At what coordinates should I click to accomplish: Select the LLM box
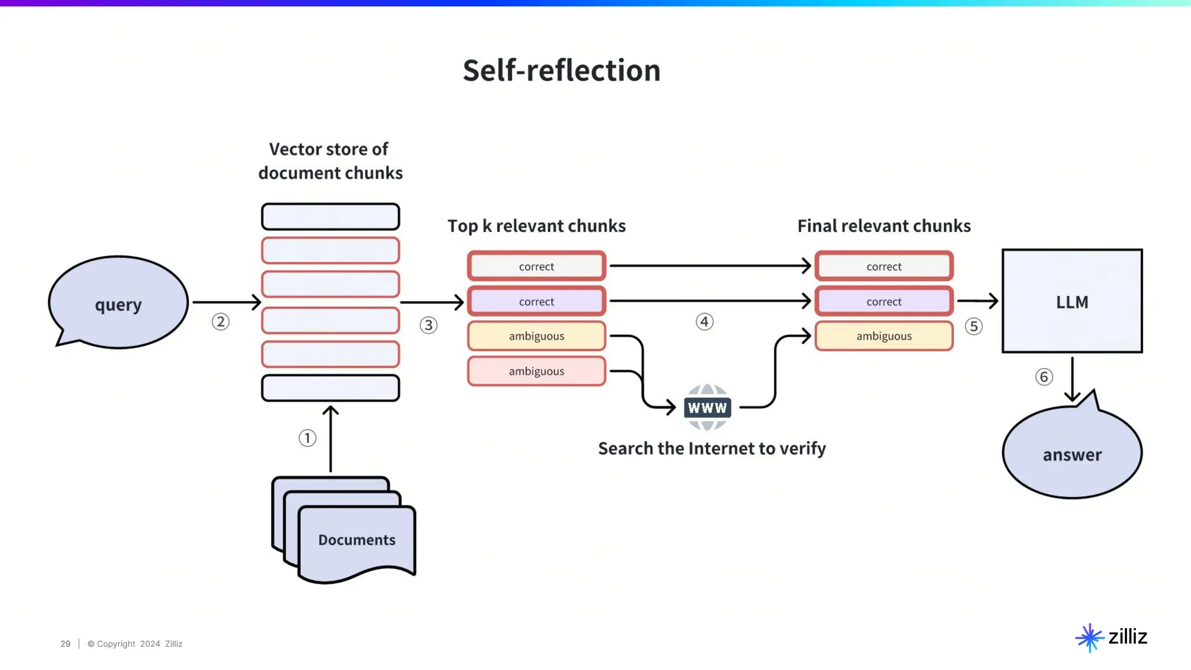click(1072, 301)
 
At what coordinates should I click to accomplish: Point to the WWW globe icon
click(707, 407)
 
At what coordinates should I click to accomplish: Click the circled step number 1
click(308, 438)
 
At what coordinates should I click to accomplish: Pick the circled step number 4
click(704, 322)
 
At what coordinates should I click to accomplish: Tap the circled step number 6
click(1044, 377)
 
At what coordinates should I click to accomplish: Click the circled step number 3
click(429, 325)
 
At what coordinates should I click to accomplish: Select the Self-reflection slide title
click(561, 70)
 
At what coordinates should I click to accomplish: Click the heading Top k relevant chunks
click(536, 226)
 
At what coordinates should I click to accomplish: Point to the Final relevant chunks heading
click(884, 226)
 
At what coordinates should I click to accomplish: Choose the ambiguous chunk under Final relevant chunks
click(884, 336)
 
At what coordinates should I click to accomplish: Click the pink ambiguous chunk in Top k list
click(536, 371)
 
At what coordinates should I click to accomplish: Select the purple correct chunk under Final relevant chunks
click(884, 301)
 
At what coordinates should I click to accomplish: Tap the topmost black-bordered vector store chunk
click(330, 216)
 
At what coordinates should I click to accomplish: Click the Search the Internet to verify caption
click(712, 448)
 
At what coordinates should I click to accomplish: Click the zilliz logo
click(1111, 637)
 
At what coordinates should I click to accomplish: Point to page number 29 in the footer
click(65, 644)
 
